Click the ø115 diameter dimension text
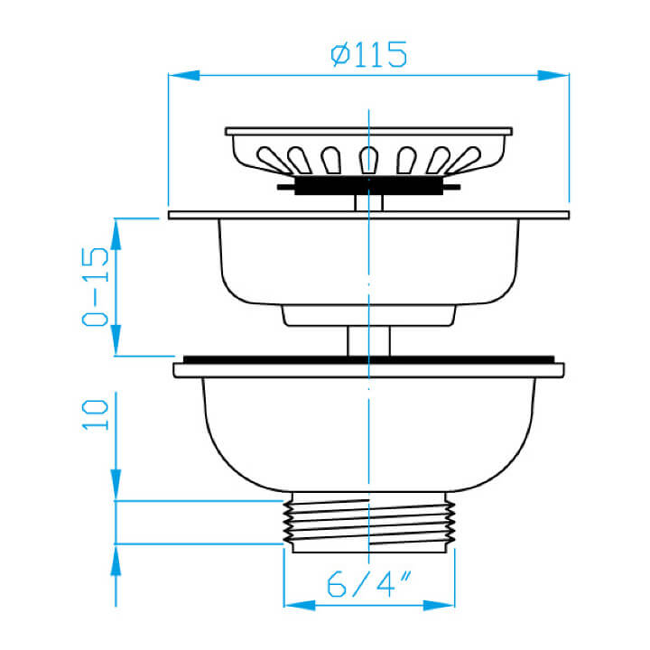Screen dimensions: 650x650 pos(368,54)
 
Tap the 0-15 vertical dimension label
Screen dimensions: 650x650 pos(95,286)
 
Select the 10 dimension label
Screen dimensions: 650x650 pos(95,415)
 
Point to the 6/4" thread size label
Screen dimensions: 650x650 pos(368,584)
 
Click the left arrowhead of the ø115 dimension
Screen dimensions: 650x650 pos(184,76)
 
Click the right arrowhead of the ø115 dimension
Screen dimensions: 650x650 pos(553,76)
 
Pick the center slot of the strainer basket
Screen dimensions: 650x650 pos(368,160)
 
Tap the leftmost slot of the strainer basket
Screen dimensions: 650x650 pos(274,161)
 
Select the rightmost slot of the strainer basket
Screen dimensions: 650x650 pos(464,161)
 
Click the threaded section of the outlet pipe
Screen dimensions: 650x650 pos(369,523)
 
